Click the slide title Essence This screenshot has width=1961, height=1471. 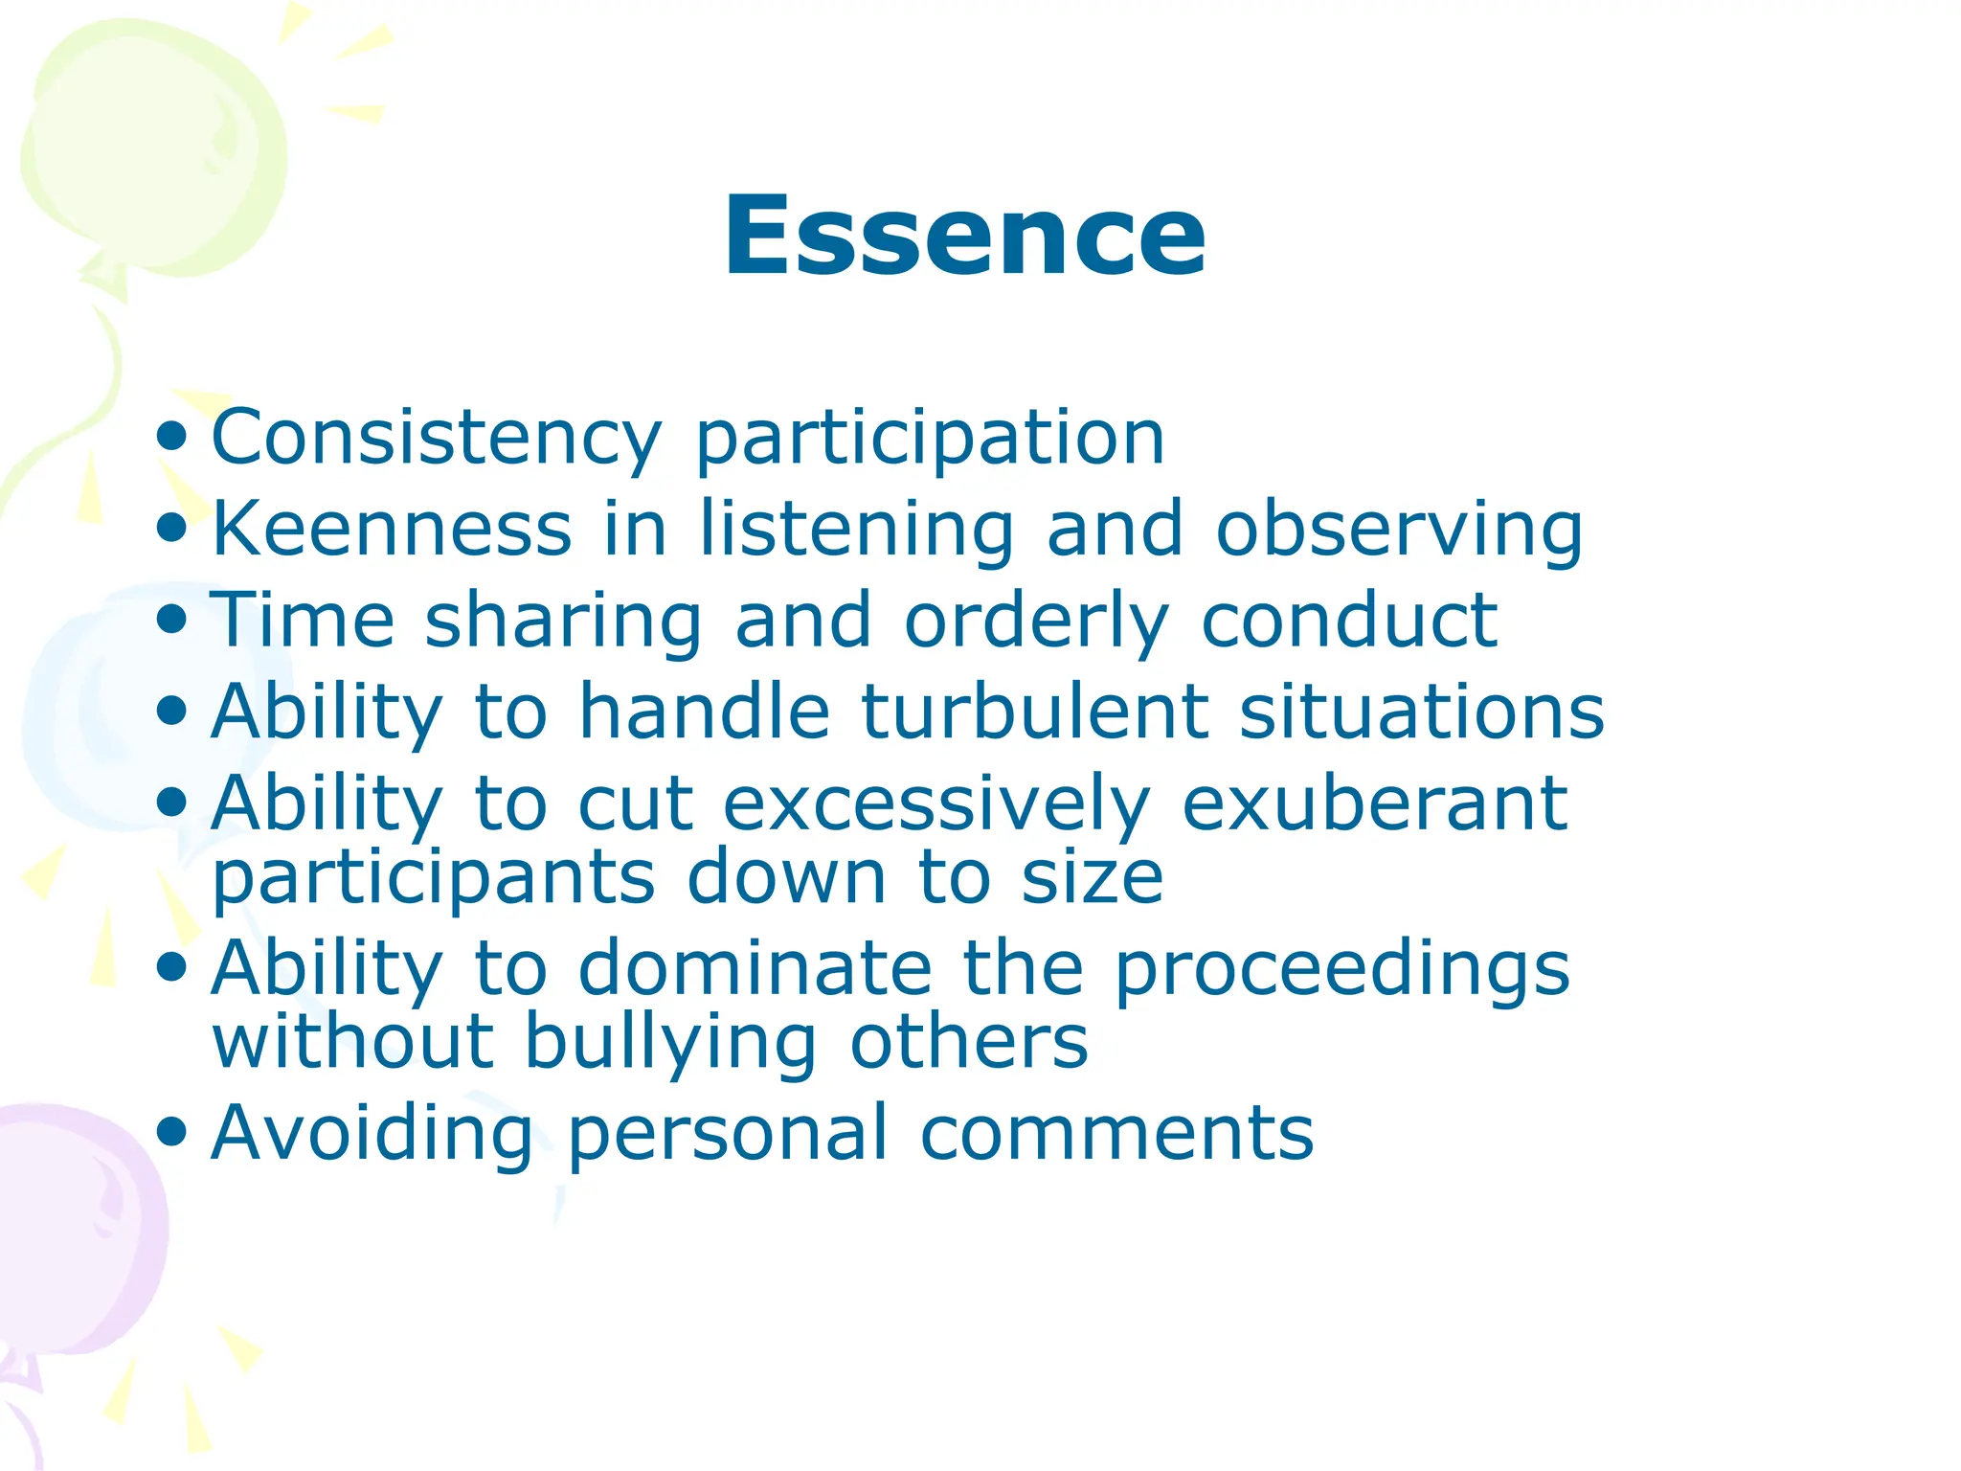(964, 237)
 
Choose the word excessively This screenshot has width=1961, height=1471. (935, 804)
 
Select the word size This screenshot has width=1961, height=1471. (1092, 876)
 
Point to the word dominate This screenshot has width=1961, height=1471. (755, 968)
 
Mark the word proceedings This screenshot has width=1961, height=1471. (1342, 970)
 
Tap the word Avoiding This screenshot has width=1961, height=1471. (372, 1134)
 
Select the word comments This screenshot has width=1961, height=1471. (1116, 1134)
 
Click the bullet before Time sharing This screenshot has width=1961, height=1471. (172, 620)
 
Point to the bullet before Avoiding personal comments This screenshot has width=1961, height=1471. (172, 1132)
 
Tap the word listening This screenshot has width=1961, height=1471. (857, 530)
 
